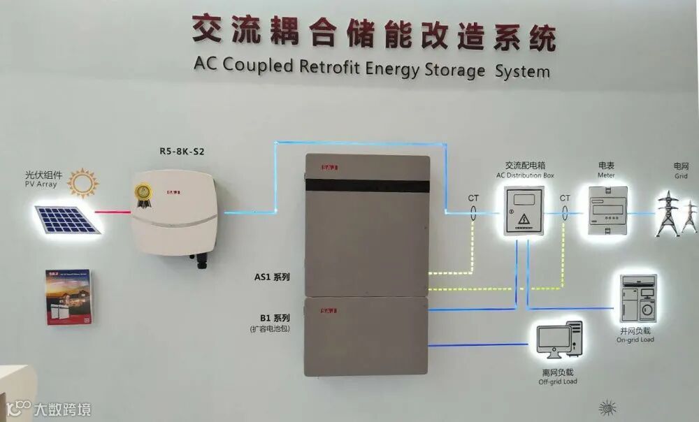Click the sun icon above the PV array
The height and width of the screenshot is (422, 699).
(84, 182)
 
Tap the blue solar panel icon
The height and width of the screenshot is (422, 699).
(67, 219)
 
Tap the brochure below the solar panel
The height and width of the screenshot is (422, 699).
(68, 297)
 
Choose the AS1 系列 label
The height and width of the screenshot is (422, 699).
(272, 277)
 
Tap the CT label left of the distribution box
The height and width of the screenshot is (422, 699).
(474, 198)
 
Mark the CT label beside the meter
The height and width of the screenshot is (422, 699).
(565, 198)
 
